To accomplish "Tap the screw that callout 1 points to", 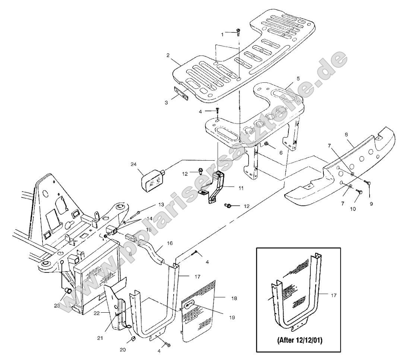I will pyautogui.click(x=238, y=32).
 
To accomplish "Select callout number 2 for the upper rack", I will pyautogui.click(x=168, y=55).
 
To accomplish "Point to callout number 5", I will pyautogui.click(x=298, y=79).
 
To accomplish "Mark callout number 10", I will pyautogui.click(x=353, y=209).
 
